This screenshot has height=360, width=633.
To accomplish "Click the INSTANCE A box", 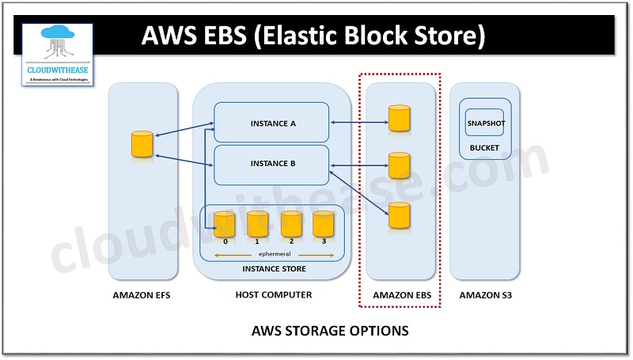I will [x=271, y=123].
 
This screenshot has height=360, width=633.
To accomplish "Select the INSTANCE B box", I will [x=271, y=164].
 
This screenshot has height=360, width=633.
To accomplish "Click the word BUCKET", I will [x=484, y=148].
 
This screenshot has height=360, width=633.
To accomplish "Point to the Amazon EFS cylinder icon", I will [x=142, y=144].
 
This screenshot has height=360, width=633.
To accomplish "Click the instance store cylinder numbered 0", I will [x=226, y=225].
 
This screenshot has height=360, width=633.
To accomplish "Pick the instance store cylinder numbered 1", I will [x=258, y=225].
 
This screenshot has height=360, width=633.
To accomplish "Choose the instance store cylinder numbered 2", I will [x=291, y=225].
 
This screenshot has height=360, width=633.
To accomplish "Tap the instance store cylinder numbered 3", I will [x=324, y=225].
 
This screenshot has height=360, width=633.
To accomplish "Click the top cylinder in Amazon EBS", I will [x=400, y=118].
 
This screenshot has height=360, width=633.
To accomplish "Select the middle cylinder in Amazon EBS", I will [x=400, y=165].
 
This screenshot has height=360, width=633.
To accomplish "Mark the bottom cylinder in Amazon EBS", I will [x=400, y=215].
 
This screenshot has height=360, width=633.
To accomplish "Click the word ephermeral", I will [x=274, y=254].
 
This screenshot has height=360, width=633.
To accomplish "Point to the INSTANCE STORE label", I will [x=274, y=269].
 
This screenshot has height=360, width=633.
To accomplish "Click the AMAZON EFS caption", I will [x=142, y=295].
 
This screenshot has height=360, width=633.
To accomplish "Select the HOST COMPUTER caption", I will [x=274, y=294].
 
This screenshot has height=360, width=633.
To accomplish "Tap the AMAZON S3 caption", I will [x=484, y=295].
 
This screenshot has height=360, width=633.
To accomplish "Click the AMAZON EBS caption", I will [x=400, y=295].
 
